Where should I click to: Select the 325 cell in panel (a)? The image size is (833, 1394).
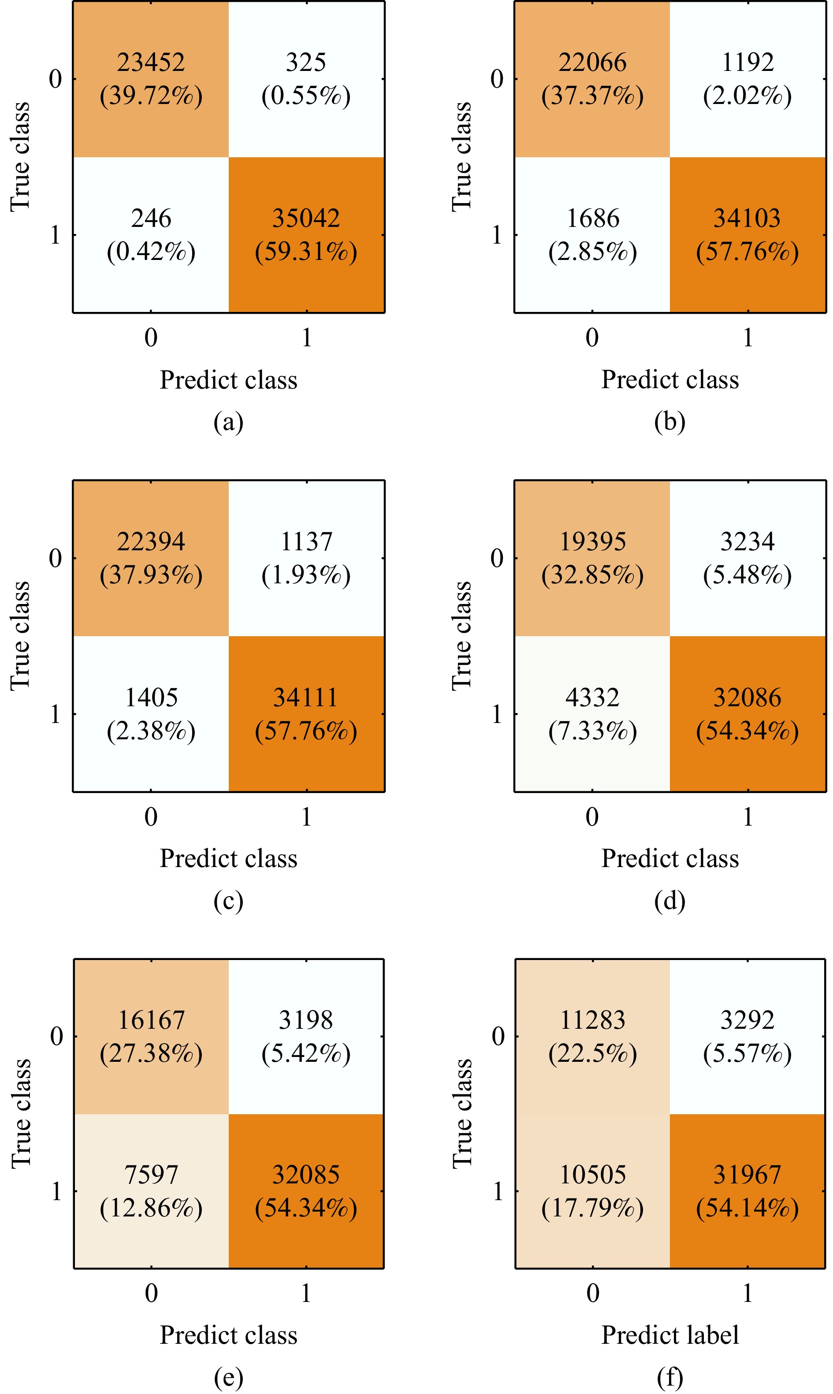coord(306,78)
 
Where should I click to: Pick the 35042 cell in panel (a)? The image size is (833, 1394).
coord(306,234)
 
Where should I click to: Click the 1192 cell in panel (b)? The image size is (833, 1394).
coord(747,78)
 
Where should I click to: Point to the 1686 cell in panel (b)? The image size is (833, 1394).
coord(592,234)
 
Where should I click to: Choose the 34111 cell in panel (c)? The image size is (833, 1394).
coord(306,714)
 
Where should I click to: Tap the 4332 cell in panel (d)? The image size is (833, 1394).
coord(592,714)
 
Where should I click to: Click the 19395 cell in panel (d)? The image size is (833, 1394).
coord(592,558)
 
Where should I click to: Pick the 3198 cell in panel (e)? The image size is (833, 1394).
coord(306,1036)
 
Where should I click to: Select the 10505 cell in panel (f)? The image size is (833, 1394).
coord(592,1191)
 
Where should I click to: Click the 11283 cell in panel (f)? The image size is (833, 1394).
coord(592,1036)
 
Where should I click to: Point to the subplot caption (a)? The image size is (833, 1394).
coord(228,422)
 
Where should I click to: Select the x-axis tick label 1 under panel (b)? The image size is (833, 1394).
coord(747,337)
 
